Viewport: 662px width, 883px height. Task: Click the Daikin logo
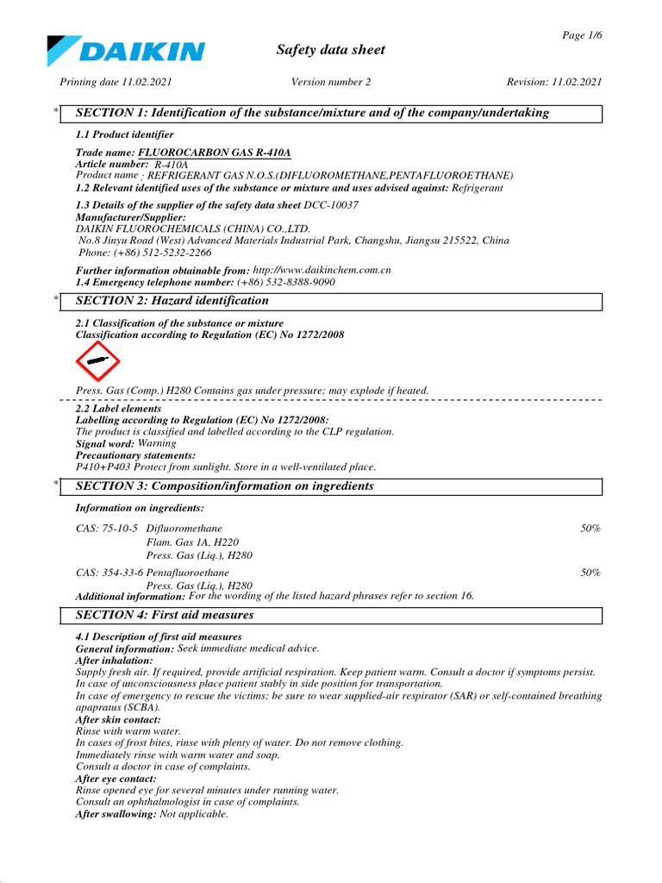(126, 51)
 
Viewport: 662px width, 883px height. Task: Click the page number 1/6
(582, 34)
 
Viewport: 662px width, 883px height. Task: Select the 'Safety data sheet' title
(330, 50)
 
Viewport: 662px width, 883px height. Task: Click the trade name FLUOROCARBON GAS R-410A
(215, 153)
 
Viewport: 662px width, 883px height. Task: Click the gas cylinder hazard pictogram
(98, 362)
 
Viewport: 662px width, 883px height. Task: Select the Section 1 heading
(312, 113)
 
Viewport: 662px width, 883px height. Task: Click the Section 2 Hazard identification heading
(172, 301)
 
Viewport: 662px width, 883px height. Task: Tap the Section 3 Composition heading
(225, 486)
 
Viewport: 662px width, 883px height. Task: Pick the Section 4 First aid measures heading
(165, 615)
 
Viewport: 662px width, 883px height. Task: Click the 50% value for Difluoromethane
(590, 528)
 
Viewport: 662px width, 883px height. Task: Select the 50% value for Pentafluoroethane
(590, 573)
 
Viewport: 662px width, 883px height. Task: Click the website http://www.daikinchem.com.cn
(322, 270)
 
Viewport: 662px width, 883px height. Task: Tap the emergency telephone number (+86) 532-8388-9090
(286, 282)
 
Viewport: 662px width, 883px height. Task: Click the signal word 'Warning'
(157, 443)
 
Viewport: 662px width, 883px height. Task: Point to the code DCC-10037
(331, 205)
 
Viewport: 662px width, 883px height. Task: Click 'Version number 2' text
(330, 82)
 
